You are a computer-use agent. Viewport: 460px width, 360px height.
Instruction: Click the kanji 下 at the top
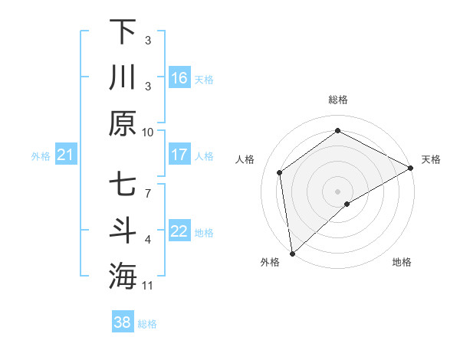pos(123,32)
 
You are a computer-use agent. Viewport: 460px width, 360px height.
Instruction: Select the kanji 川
pos(123,77)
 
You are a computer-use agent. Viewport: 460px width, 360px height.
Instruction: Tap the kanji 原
pos(123,123)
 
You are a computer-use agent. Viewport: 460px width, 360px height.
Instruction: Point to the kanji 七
pos(123,185)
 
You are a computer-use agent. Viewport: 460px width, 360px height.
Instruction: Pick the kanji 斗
pos(123,231)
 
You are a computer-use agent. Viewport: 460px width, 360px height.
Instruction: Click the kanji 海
pos(123,277)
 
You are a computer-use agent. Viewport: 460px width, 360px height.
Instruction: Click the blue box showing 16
pos(179,77)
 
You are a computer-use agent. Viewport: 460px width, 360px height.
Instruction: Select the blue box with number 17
pos(179,155)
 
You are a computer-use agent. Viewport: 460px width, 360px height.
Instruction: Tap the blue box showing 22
pos(179,231)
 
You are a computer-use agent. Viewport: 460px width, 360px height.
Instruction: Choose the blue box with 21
pos(65,155)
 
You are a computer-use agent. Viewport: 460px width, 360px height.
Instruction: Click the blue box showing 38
pos(122,322)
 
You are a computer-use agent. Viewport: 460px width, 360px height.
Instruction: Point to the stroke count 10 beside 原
pos(147,132)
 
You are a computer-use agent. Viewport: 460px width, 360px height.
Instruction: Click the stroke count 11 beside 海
pos(147,286)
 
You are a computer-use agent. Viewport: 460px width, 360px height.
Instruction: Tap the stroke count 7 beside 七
pos(148,185)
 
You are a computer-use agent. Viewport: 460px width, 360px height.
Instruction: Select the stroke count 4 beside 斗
pos(148,240)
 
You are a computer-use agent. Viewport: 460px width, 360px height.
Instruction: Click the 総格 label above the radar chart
pos(338,100)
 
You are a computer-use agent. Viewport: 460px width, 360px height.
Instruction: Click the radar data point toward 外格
pos(292,253)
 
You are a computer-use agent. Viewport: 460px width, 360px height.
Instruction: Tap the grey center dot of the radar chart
pos(338,191)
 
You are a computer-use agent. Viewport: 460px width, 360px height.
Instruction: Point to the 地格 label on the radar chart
pos(402,262)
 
